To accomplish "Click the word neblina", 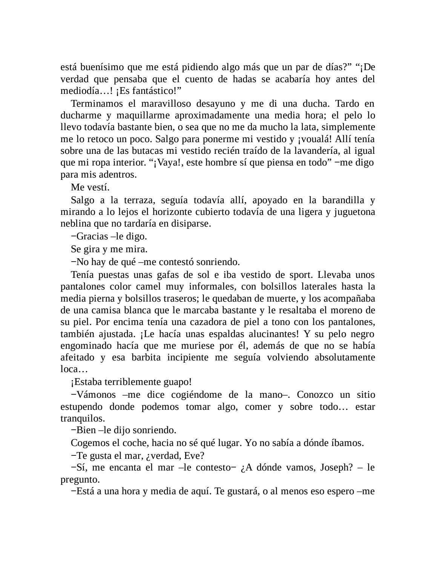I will (75, 224).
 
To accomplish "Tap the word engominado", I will (86, 346).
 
